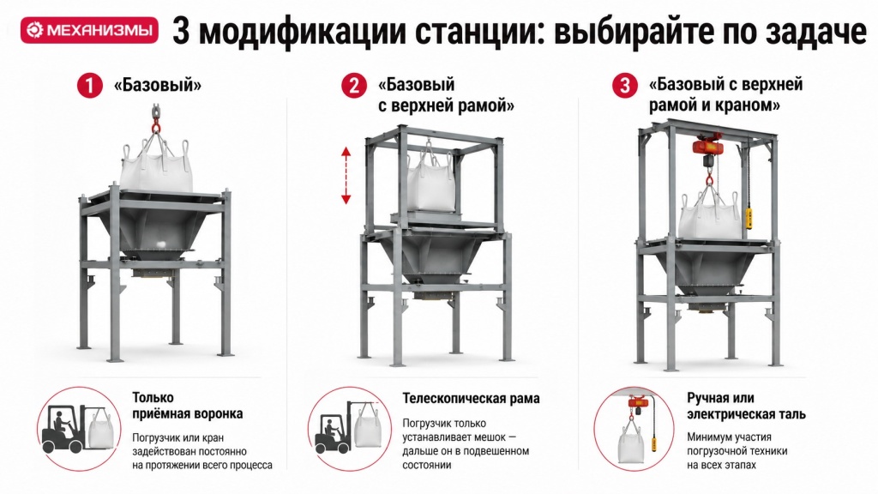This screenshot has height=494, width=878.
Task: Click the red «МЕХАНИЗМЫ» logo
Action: [x=89, y=30]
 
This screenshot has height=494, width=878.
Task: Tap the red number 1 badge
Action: [x=90, y=86]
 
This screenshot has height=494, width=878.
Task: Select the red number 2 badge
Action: [x=354, y=86]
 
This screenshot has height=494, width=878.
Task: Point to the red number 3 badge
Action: [x=625, y=86]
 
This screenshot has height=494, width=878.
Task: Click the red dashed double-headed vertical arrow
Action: [x=346, y=175]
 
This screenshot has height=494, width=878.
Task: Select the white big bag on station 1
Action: [x=156, y=167]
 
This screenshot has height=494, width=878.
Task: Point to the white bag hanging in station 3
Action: [x=709, y=216]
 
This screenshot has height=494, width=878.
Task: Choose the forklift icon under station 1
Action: [x=80, y=429]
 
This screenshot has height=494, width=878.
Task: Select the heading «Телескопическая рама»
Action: [x=471, y=399]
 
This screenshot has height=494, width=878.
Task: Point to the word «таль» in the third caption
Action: [x=791, y=415]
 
